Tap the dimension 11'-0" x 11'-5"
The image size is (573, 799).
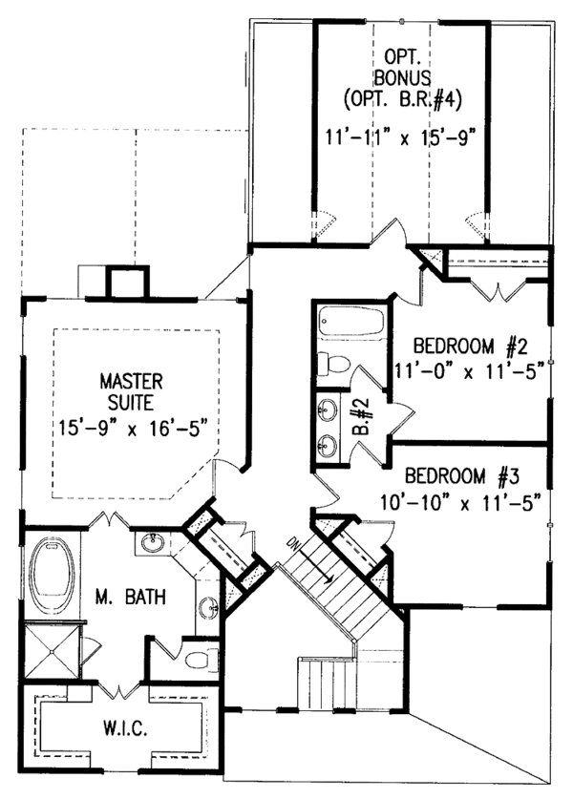pos(468,371)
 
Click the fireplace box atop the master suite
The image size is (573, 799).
pos(125,284)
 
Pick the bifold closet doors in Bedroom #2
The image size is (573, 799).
pos(499,286)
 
